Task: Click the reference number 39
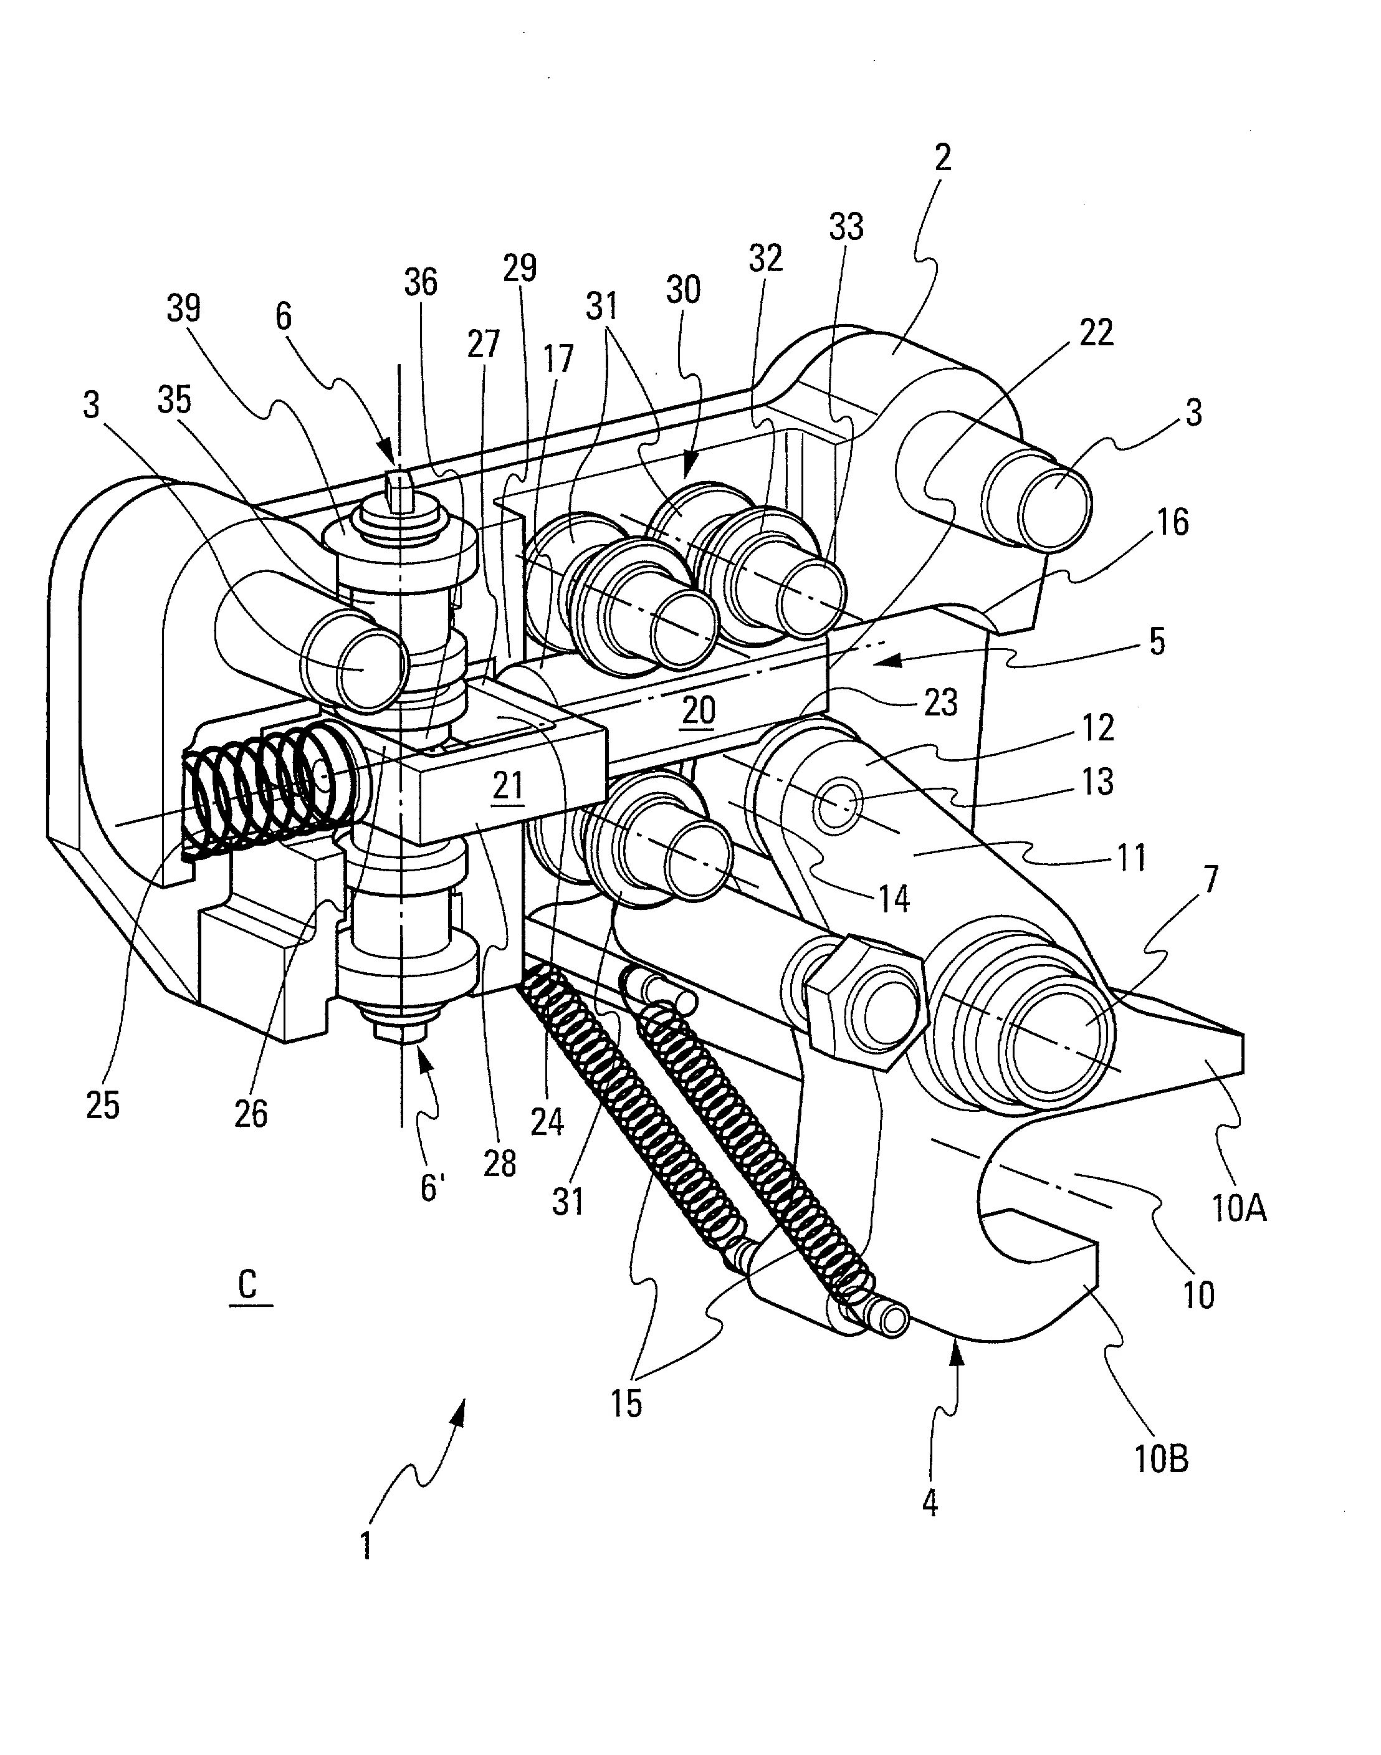pyautogui.click(x=184, y=308)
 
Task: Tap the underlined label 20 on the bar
pyautogui.click(x=699, y=710)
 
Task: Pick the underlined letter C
pyautogui.click(x=247, y=1284)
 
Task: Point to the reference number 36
pyautogui.click(x=421, y=282)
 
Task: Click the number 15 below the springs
pyautogui.click(x=627, y=1404)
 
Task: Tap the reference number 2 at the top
pyautogui.click(x=943, y=158)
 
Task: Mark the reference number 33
pyautogui.click(x=846, y=227)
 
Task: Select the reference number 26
pyautogui.click(x=251, y=1113)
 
